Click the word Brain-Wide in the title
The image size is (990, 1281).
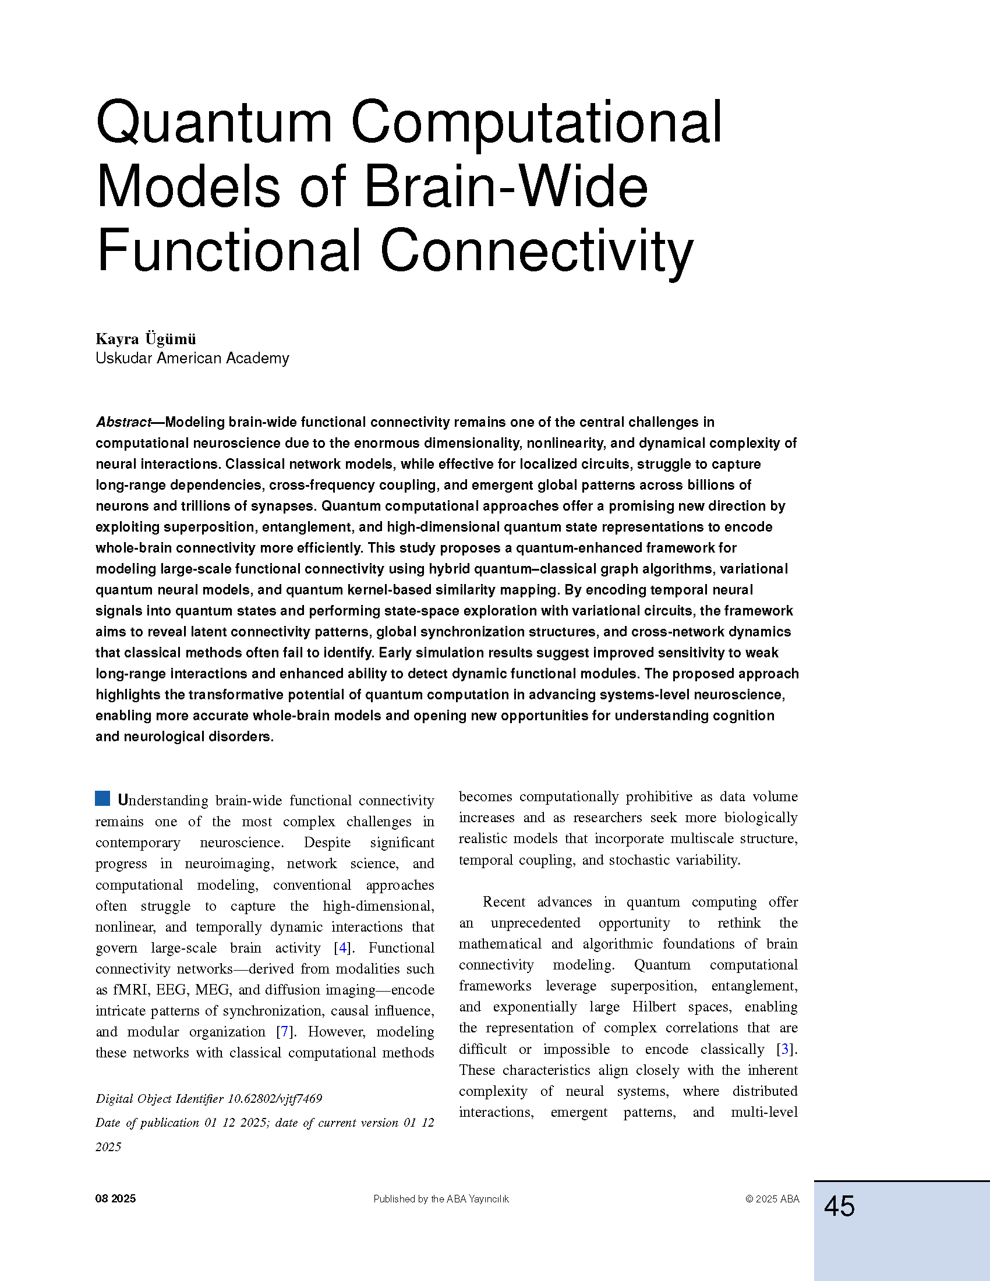[505, 187]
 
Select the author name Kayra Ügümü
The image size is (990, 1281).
[146, 339]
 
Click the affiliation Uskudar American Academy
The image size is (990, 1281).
[192, 358]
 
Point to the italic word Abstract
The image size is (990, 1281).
[123, 422]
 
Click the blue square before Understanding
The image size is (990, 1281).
[102, 798]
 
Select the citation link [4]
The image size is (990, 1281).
[343, 948]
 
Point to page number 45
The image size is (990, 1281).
[839, 1206]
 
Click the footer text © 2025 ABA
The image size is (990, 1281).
[772, 1199]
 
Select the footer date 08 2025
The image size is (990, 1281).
[115, 1199]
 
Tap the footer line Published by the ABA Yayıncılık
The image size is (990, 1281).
[441, 1199]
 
